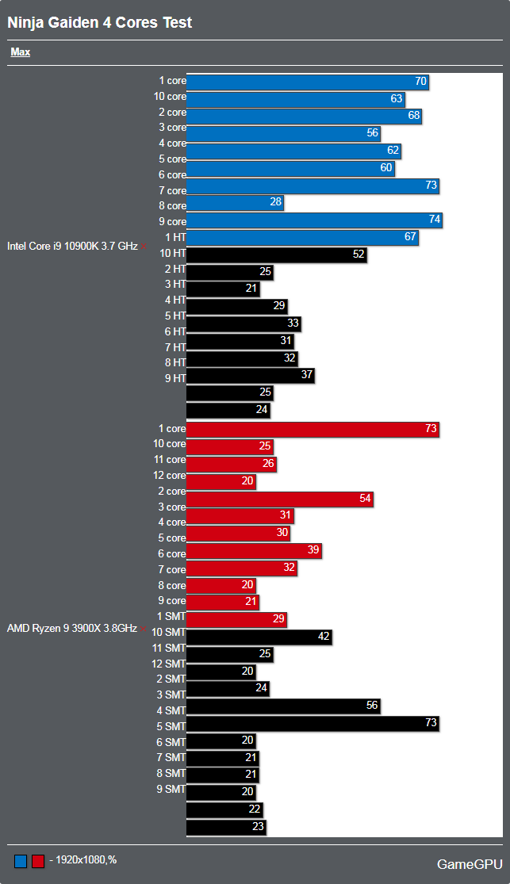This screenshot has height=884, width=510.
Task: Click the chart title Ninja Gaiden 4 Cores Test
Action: pyautogui.click(x=100, y=22)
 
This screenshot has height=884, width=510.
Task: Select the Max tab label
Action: pyautogui.click(x=21, y=52)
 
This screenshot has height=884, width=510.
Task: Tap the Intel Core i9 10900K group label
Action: pyautogui.click(x=72, y=246)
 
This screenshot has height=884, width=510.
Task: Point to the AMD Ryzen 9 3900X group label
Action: pyautogui.click(x=72, y=629)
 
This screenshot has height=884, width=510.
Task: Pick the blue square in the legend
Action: pyautogui.click(x=21, y=861)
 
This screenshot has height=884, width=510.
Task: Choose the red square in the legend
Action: pyautogui.click(x=37, y=861)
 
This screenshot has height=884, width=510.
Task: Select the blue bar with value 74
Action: pyautogui.click(x=314, y=221)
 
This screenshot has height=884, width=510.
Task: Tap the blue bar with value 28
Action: pyautogui.click(x=235, y=203)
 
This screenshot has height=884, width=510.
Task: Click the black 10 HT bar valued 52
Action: pyautogui.click(x=276, y=254)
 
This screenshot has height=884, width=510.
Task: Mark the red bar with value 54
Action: pyautogui.click(x=279, y=499)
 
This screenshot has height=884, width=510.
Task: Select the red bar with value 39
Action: pyautogui.click(x=254, y=551)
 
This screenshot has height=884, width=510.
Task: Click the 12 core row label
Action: pyautogui.click(x=169, y=476)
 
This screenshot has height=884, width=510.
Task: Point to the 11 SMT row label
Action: pyautogui.click(x=168, y=648)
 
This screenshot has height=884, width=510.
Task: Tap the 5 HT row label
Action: pyautogui.click(x=174, y=316)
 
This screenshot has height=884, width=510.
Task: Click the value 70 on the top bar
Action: pyautogui.click(x=420, y=82)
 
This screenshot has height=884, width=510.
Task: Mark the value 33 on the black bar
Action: pyautogui.click(x=293, y=323)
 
